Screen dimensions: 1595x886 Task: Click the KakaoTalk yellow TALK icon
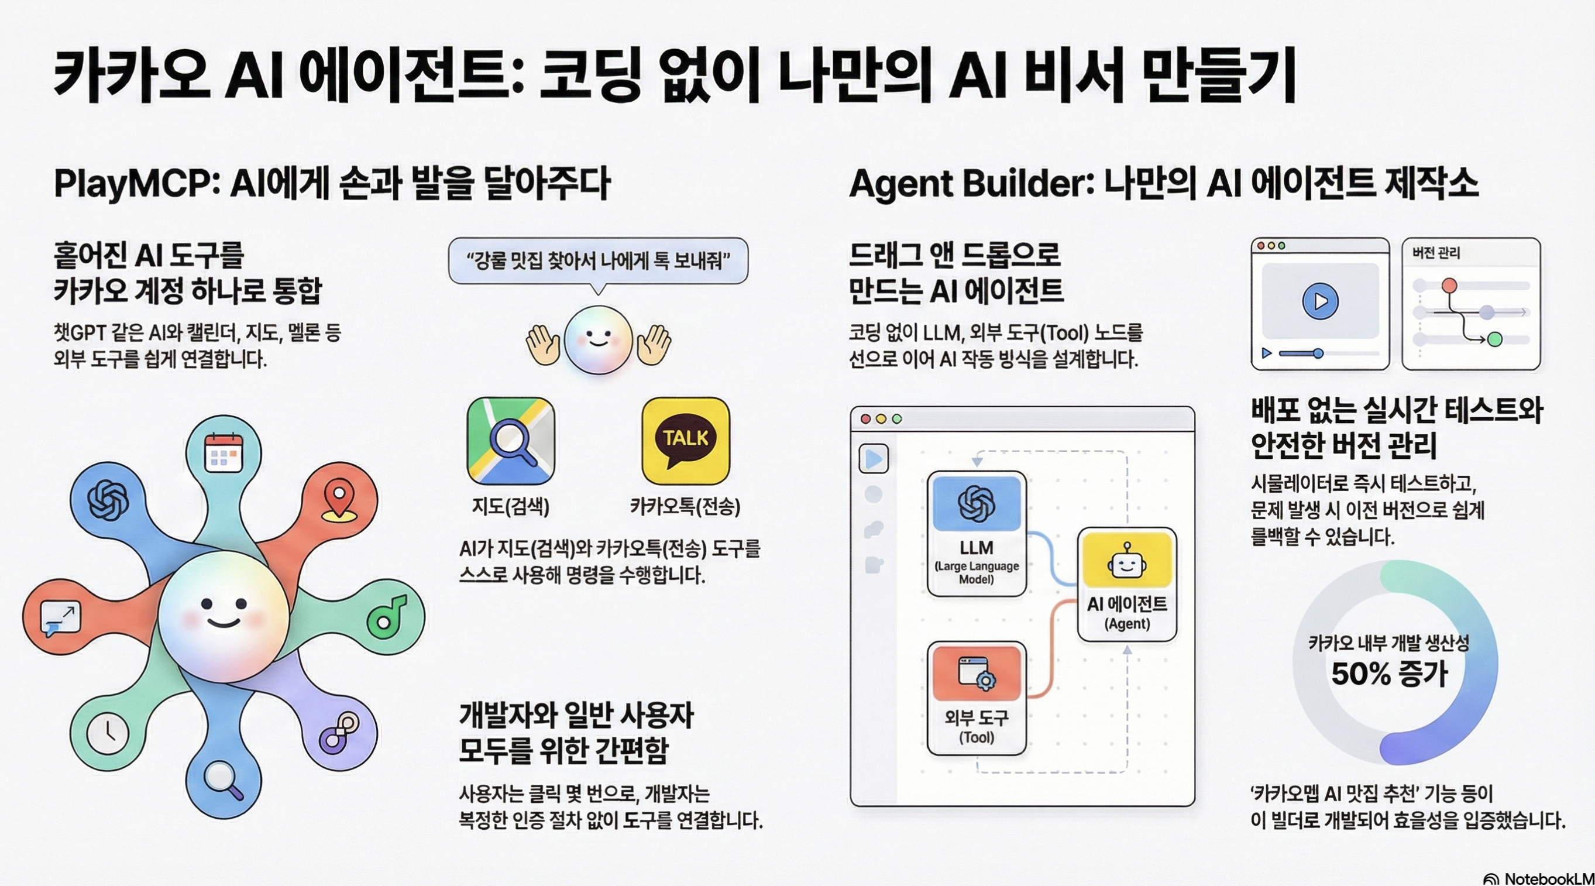click(x=685, y=441)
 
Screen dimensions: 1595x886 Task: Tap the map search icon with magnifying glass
click(x=511, y=441)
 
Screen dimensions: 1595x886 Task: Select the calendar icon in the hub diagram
click(x=224, y=452)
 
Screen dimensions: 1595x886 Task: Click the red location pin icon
click(x=339, y=500)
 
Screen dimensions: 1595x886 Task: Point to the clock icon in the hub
click(x=108, y=733)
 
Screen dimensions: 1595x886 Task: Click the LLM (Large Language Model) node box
click(x=977, y=534)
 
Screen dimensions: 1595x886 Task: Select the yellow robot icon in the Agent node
click(x=1126, y=560)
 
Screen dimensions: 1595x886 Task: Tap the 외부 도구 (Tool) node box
click(x=977, y=698)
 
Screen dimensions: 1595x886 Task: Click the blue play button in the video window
click(x=1320, y=301)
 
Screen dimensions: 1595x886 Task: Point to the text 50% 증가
click(x=1389, y=674)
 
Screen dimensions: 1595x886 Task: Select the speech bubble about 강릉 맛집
click(x=598, y=261)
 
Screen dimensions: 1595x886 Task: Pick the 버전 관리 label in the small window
click(x=1436, y=253)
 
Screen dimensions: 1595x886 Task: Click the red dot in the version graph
click(x=1449, y=286)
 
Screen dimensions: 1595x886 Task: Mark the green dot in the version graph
click(x=1495, y=339)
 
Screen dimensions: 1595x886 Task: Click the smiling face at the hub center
click(x=224, y=616)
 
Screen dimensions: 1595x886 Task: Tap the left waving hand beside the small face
click(x=542, y=344)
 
